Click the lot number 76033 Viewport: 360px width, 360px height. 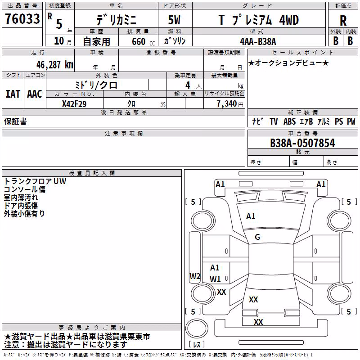(22, 18)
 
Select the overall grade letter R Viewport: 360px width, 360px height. (343, 21)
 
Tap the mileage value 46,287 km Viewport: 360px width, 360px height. (55, 65)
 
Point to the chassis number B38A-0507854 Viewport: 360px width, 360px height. (302, 143)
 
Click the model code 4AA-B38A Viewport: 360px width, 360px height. (258, 41)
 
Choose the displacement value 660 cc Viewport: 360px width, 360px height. (143, 41)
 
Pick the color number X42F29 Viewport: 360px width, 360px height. (74, 104)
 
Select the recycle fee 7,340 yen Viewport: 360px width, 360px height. (230, 104)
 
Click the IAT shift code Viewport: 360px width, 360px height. (13, 94)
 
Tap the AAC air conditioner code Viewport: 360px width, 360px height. (35, 94)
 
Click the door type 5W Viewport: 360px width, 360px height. (174, 20)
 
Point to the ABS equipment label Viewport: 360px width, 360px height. (289, 121)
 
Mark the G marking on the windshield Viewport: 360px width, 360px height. (257, 237)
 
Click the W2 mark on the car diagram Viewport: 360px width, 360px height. (195, 276)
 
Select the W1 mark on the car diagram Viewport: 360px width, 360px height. (215, 279)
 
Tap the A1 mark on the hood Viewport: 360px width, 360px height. (251, 216)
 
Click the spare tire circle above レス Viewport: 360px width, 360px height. (197, 328)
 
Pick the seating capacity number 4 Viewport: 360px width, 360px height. (188, 85)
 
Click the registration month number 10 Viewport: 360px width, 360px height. (59, 41)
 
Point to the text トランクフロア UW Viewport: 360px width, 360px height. (35, 181)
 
